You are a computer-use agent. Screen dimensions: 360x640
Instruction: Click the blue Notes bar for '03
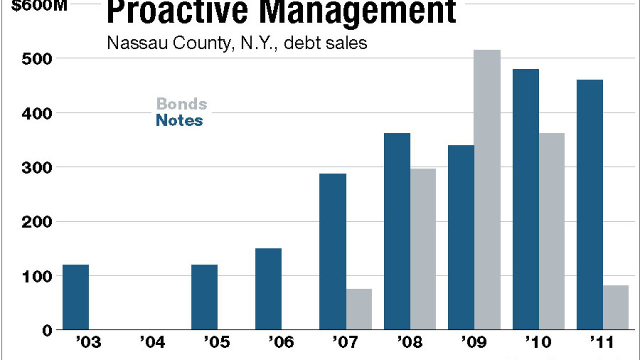click(76, 297)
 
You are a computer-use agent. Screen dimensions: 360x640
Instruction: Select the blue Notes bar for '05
click(204, 297)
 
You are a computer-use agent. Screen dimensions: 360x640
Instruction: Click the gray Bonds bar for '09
click(487, 190)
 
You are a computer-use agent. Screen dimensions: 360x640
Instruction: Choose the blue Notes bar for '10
click(526, 199)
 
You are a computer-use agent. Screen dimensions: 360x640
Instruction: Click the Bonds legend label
click(181, 104)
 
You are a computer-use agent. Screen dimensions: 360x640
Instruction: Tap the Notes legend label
click(179, 120)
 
